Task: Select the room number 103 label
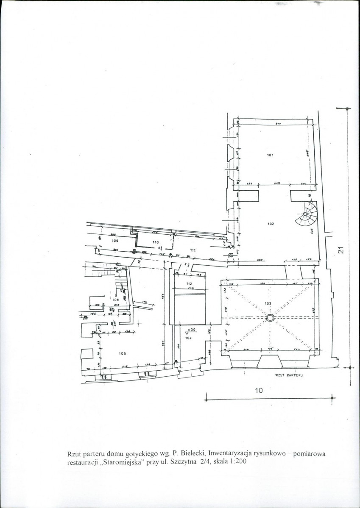[268, 303]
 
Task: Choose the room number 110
[155, 242]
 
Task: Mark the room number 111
[193, 250]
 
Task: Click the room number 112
[189, 283]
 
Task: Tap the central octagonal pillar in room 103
[270, 318]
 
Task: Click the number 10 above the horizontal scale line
[259, 391]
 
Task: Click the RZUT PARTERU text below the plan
[288, 375]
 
